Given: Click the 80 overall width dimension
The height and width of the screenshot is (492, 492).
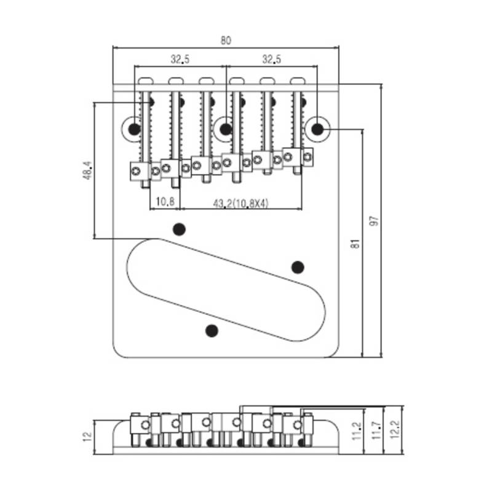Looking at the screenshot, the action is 226,41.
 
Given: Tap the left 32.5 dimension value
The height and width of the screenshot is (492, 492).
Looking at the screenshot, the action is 180,59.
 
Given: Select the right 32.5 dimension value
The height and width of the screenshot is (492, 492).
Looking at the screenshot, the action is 272,59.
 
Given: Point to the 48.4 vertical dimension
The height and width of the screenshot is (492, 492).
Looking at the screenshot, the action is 88,171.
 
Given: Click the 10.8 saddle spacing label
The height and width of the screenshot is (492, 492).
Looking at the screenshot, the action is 165,202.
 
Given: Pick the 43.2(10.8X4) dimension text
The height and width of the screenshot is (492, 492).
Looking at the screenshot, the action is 240,204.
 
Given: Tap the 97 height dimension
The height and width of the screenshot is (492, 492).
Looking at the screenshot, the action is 375,221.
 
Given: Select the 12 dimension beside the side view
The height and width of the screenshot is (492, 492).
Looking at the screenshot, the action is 87,437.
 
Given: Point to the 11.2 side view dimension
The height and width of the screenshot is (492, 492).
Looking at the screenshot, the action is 357,430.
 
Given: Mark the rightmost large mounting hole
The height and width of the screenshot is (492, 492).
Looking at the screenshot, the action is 317,129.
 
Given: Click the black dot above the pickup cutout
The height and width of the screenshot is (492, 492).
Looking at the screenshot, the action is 179,229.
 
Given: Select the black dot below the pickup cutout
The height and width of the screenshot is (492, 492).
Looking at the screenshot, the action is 212,330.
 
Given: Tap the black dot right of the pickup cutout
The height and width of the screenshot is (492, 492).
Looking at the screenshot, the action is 298,268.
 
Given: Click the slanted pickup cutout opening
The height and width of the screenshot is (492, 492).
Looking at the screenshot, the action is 226,290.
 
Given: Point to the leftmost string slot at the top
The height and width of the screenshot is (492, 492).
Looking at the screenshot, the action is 146,81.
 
